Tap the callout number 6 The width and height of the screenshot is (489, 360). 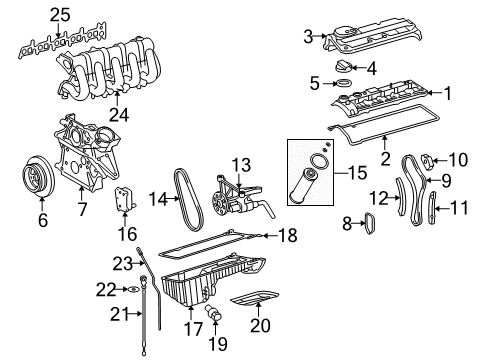42,220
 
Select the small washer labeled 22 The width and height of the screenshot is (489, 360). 131,290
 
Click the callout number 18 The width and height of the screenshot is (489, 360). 286,264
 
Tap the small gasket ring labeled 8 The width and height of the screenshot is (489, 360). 365,223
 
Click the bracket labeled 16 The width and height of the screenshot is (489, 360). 128,200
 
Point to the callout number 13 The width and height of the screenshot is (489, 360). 240,164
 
